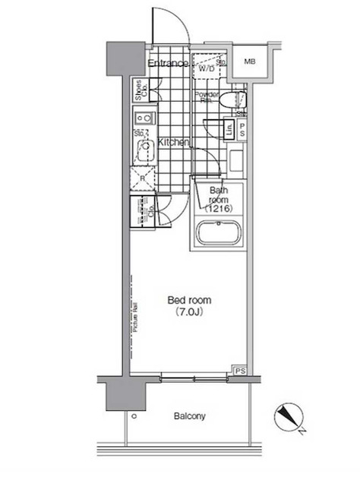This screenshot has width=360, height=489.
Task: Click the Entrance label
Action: tap(168, 62)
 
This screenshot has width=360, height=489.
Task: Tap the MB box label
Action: tap(248, 62)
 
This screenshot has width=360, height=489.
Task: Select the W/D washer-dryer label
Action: tap(207, 68)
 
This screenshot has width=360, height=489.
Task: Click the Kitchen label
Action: tap(173, 142)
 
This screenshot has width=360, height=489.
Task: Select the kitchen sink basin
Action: tap(142, 152)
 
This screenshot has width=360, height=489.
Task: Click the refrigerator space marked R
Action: tap(142, 179)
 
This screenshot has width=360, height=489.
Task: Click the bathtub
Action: tap(219, 232)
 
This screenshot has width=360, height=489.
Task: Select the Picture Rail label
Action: tap(134, 319)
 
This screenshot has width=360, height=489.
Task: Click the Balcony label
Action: tap(188, 416)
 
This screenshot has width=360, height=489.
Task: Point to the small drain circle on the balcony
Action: tap(134, 417)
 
